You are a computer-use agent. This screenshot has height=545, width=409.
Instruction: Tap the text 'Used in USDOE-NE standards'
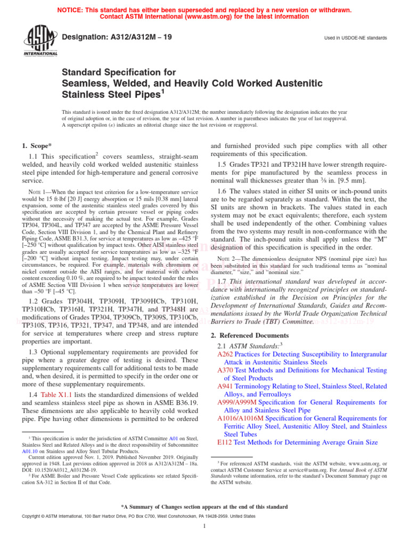[355, 38]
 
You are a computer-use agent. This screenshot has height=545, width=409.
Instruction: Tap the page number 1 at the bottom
[204, 526]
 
